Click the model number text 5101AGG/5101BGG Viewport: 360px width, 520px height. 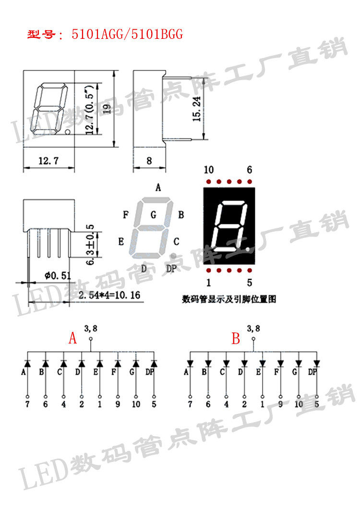[127, 35]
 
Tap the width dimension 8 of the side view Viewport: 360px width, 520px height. [149, 161]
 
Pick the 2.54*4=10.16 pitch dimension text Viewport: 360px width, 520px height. [108, 295]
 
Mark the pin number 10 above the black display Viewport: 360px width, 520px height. [208, 170]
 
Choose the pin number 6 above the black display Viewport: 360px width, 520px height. [249, 170]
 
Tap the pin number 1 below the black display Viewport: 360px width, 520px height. [208, 282]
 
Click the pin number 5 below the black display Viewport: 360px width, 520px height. [249, 282]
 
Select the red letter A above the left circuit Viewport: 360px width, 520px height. [72, 339]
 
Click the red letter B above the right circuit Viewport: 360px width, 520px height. [236, 339]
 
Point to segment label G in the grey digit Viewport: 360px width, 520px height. [153, 215]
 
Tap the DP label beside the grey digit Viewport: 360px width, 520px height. [171, 269]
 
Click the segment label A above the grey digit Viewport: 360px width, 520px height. [158, 188]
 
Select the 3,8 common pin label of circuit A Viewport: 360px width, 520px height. [91, 329]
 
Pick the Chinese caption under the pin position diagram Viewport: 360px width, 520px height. [229, 299]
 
